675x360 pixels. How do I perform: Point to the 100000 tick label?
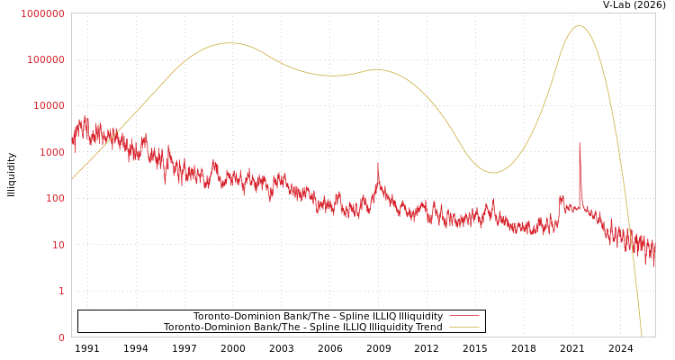[x=47, y=59]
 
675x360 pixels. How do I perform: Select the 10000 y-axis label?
[x=49, y=106]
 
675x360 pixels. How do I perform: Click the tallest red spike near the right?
[x=580, y=144]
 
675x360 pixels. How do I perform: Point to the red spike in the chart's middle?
[x=378, y=165]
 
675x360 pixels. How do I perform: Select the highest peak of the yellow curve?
[x=579, y=26]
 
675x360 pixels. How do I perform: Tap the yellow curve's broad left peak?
[x=229, y=43]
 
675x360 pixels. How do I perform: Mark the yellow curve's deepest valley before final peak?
[x=492, y=173]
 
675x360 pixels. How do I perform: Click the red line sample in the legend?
[x=463, y=317]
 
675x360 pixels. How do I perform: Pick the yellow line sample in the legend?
[x=463, y=328]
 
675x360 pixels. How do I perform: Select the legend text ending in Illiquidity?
[x=318, y=317]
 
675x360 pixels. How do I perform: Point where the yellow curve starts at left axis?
[x=73, y=178]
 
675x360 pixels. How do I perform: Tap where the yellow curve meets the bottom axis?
[x=642, y=336]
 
